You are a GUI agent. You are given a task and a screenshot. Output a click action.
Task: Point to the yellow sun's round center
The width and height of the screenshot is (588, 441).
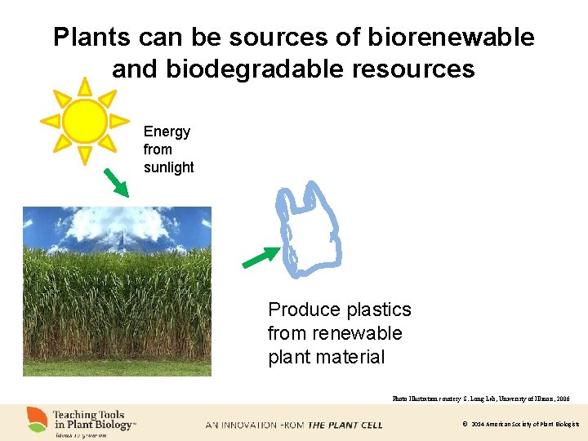(84, 121)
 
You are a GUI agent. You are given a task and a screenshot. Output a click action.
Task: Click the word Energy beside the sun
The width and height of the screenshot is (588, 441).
(167, 131)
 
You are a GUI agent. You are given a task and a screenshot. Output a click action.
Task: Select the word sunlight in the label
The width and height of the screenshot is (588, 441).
(168, 167)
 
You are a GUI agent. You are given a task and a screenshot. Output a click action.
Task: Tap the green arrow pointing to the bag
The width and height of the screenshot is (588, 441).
(261, 257)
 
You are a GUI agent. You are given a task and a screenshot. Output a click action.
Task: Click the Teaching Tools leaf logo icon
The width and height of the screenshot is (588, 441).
(36, 419)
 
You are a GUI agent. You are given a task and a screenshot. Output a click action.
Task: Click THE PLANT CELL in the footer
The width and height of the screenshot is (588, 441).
(345, 425)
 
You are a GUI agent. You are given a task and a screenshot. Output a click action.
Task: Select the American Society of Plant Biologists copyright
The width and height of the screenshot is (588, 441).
(520, 425)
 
